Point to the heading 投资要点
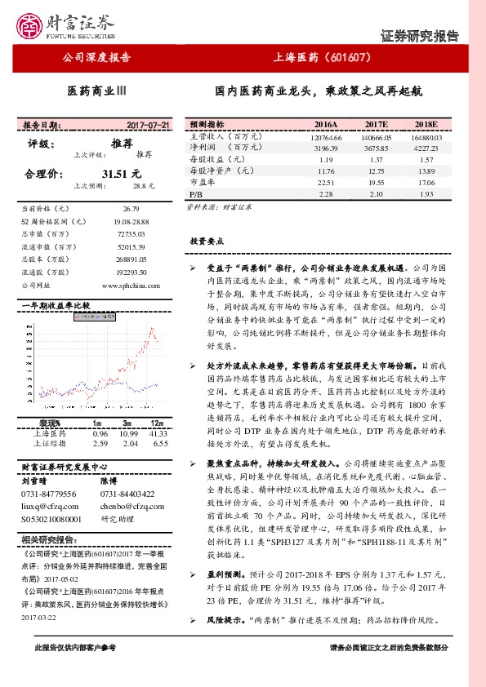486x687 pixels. click(207, 242)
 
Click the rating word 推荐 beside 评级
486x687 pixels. click(122, 142)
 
